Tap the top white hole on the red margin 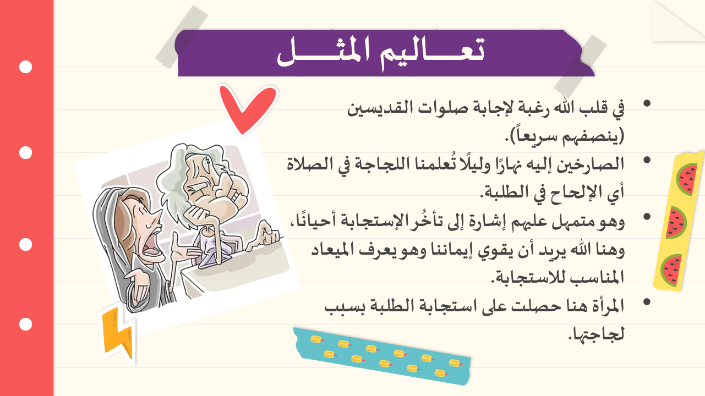point(25,67)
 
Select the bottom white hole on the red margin point(25,324)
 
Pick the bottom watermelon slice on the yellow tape point(671,271)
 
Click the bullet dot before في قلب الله point(647,103)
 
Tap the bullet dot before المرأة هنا point(647,302)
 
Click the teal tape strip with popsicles point(382,356)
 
